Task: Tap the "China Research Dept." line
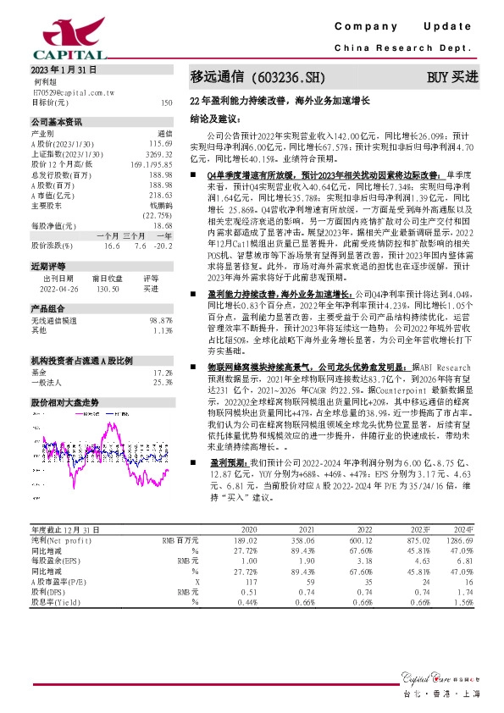[x=407, y=48]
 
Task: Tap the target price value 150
[x=166, y=102]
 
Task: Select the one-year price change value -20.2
[x=162, y=246]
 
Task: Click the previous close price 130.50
[x=104, y=289]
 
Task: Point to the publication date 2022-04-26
[x=59, y=289]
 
